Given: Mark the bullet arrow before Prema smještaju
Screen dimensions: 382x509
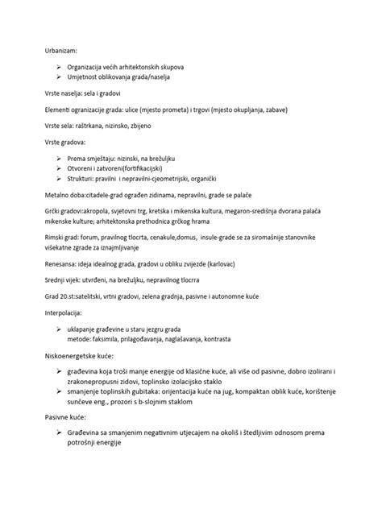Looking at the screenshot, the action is click(60, 158).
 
